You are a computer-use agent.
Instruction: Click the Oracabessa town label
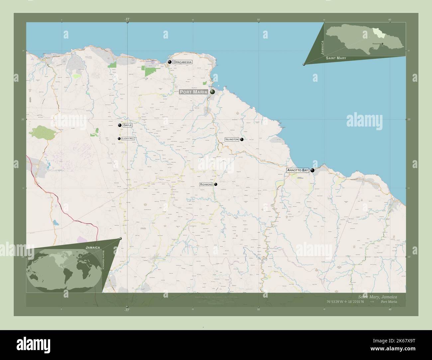182,62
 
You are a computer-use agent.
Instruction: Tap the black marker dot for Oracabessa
170,62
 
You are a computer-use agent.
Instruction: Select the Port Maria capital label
194,92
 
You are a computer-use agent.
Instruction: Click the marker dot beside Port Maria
212,92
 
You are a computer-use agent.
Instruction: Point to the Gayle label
127,125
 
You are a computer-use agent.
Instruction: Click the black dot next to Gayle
120,125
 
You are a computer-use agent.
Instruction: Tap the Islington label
232,139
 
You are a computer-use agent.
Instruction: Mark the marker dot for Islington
242,139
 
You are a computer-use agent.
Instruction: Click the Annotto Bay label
298,170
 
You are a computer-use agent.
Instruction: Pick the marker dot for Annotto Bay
312,170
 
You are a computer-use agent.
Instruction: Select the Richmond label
206,184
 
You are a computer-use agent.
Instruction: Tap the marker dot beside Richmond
216,184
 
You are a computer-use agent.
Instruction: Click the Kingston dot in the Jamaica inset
382,44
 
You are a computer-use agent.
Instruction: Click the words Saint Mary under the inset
336,58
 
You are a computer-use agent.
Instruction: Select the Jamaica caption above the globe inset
93,248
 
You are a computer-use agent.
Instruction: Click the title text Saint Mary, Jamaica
377,297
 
